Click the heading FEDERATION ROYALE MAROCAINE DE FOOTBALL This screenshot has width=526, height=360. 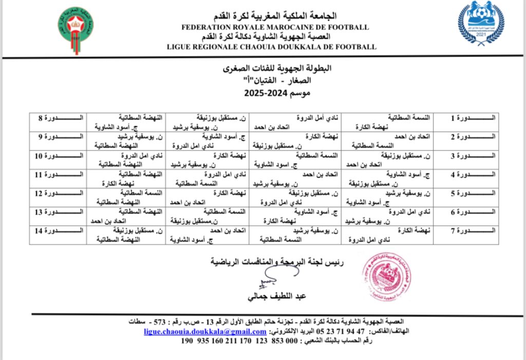(x=275, y=27)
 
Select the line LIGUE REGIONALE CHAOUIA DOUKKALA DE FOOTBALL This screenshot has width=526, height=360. (x=271, y=47)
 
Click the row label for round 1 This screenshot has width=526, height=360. (x=471, y=118)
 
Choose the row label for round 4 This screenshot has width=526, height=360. (x=471, y=174)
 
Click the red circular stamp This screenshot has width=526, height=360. (x=386, y=276)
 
